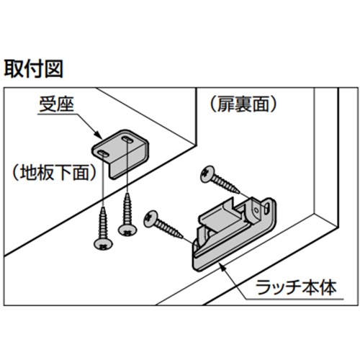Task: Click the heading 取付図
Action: [33, 69]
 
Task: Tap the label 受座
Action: [56, 104]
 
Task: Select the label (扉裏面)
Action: [243, 104]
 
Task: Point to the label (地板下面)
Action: [54, 173]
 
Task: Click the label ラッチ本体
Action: [296, 287]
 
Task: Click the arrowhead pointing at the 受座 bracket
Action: [99, 135]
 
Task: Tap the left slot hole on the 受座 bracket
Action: [102, 153]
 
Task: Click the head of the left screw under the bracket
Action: [103, 245]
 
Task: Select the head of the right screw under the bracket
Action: [127, 230]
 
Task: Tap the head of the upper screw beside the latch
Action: [207, 174]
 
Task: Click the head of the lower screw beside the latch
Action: [150, 219]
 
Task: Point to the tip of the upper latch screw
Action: [239, 192]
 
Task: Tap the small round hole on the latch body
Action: [256, 210]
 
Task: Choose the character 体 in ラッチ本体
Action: [328, 287]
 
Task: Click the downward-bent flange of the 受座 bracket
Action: [127, 166]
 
